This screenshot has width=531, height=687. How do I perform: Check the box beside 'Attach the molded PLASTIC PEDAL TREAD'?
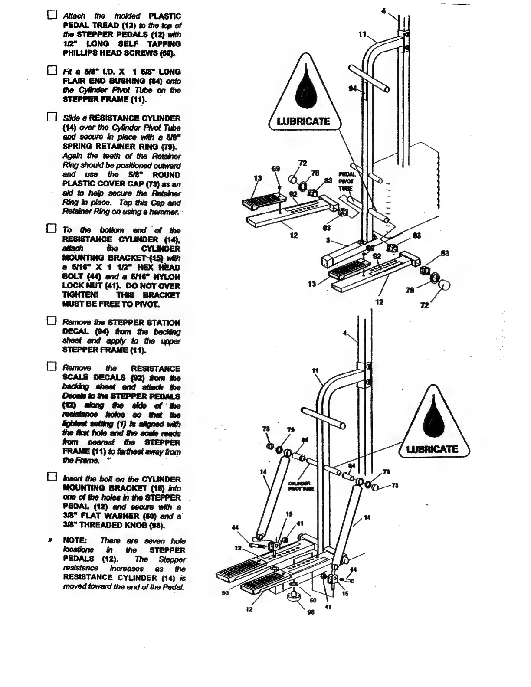52,16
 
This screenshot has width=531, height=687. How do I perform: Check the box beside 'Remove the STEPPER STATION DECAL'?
52,322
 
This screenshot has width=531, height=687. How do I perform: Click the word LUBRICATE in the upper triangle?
303,121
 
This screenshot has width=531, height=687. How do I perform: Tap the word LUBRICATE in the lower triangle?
432,449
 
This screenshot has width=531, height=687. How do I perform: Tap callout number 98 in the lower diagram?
310,613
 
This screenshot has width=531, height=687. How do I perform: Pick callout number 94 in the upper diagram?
353,88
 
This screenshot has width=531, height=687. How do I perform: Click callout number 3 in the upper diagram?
328,240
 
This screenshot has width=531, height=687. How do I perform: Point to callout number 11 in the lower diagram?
315,370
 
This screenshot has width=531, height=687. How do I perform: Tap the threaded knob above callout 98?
294,598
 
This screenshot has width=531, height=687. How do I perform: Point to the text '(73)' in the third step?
154,184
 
